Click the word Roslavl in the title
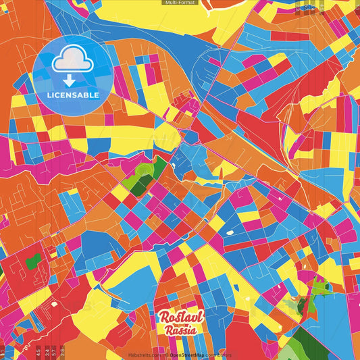coord(178,317)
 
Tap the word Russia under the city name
coord(179,330)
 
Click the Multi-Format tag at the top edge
coord(180,3)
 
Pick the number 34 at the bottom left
coord(46,351)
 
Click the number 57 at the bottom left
coord(54,351)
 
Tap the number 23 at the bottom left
coord(62,351)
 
